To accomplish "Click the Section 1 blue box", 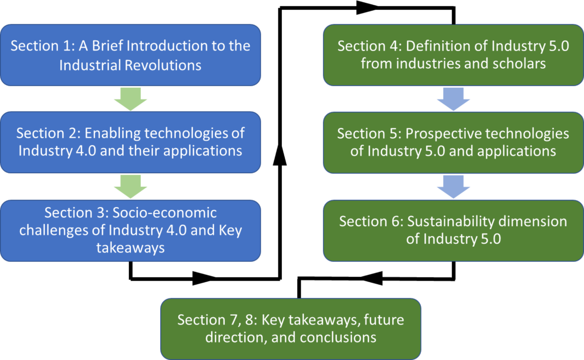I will click(x=130, y=55).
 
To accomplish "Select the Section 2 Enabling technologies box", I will click(x=130, y=142).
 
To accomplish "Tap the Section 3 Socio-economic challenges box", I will click(x=130, y=230).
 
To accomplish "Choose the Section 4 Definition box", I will click(x=453, y=55).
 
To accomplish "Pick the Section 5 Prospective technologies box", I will click(x=453, y=142).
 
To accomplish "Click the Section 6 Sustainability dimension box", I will click(x=453, y=230).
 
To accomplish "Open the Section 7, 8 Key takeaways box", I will click(x=291, y=328).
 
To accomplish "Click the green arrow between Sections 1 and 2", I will click(x=130, y=99).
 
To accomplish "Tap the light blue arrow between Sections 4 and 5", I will click(x=453, y=99).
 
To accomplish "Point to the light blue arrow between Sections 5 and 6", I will click(x=453, y=186).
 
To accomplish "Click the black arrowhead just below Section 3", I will click(x=205, y=279).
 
